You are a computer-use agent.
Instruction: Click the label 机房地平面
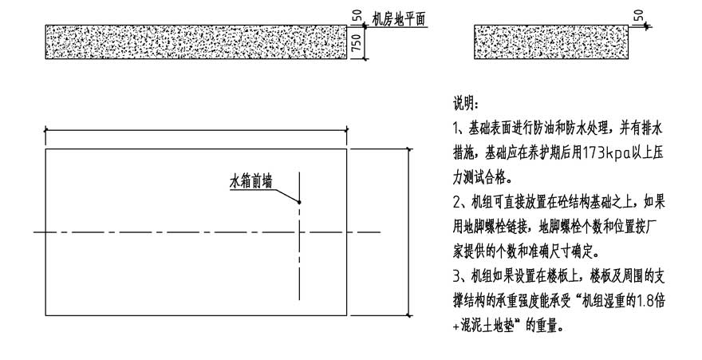tap(399, 19)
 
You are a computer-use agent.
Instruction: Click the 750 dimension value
tap(357, 42)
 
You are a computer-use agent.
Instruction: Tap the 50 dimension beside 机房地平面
tap(357, 17)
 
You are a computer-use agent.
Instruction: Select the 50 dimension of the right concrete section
tap(638, 16)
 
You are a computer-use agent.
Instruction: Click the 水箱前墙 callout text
tap(250, 182)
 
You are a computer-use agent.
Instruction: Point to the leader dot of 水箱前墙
tap(299, 203)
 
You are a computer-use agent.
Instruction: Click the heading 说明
tap(465, 105)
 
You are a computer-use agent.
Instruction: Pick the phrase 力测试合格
tap(481, 178)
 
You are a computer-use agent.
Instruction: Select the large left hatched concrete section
tap(196, 42)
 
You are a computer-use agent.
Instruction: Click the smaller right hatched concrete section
tap(551, 42)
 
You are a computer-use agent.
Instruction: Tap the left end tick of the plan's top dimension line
tap(45, 130)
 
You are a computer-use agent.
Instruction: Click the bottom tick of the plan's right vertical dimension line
tap(408, 315)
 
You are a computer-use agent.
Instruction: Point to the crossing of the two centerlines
tap(299, 232)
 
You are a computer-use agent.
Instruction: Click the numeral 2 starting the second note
tap(456, 203)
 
